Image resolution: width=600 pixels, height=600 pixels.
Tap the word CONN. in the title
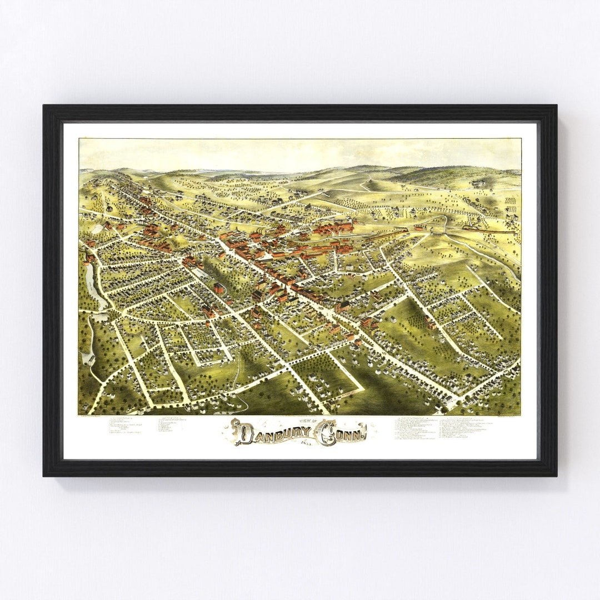(344, 433)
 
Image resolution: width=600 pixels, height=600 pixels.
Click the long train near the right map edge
(489, 229)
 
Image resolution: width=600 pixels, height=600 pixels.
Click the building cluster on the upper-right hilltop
(477, 183)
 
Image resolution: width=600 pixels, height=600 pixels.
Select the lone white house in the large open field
(393, 319)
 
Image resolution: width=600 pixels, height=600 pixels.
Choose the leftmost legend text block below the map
(125, 425)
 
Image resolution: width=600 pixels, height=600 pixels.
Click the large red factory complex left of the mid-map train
(333, 227)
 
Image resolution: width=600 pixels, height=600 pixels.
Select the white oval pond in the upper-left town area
(99, 228)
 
